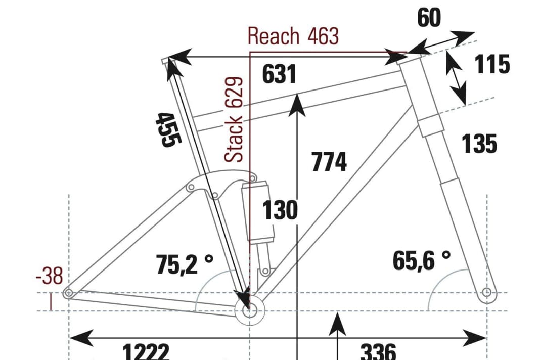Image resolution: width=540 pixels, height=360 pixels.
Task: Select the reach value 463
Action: (322, 36)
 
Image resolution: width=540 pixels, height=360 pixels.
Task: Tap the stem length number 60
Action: (429, 18)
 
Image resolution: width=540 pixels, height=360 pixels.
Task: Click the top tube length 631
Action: (279, 75)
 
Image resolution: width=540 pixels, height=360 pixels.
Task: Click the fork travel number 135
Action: (479, 144)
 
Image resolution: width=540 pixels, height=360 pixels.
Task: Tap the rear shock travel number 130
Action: (280, 210)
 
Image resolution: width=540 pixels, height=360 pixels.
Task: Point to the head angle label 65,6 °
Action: (421, 261)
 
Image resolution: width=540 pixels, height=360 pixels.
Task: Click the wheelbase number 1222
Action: (146, 351)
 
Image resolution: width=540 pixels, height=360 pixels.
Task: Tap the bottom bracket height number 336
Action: (378, 351)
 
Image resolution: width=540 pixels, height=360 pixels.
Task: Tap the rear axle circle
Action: (68, 293)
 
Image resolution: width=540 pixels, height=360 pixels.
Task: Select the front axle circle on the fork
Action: (486, 292)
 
